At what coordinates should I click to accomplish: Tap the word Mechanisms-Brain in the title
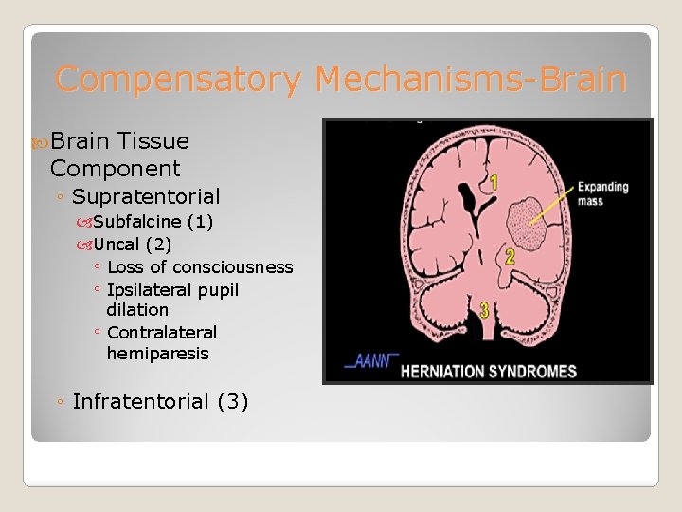471,79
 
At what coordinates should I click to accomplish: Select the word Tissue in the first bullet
154,141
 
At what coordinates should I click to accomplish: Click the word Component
115,169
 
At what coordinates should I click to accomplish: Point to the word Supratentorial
146,197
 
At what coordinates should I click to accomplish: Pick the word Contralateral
162,333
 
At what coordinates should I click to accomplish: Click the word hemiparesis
157,354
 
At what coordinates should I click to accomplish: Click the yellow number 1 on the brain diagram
493,180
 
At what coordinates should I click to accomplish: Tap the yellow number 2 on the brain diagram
510,256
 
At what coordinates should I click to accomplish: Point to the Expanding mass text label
602,193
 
